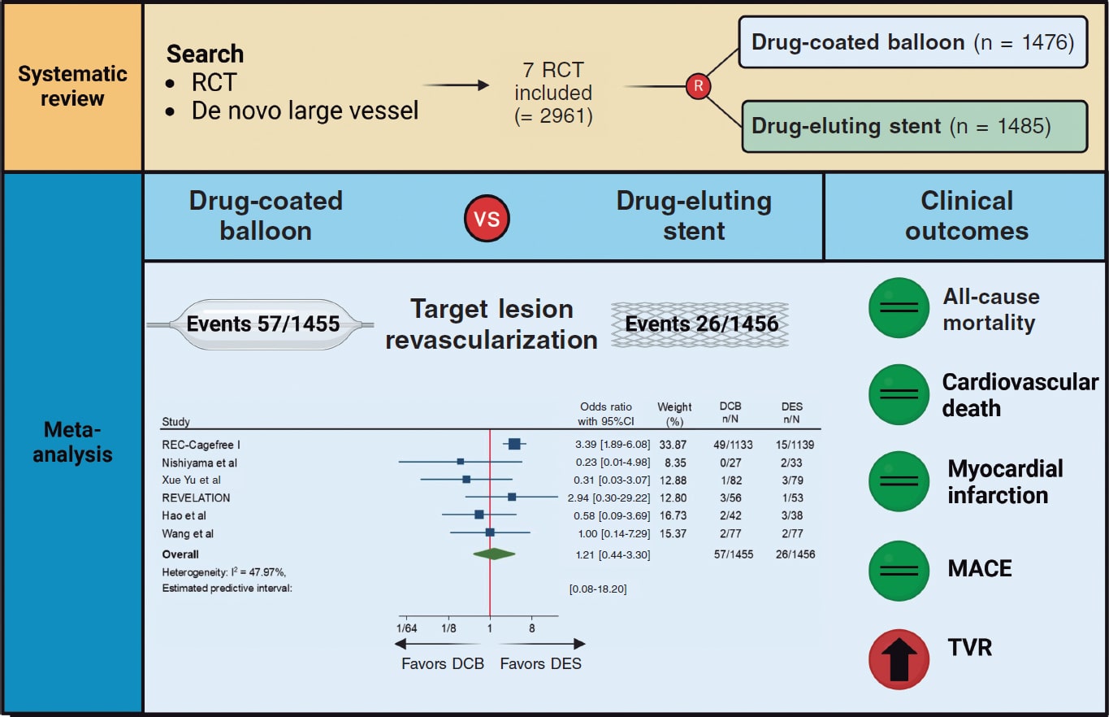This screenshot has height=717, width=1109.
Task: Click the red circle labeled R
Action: (x=697, y=86)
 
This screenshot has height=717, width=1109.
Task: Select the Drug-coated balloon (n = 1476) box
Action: (x=913, y=42)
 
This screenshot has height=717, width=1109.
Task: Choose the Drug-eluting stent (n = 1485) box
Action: (x=913, y=126)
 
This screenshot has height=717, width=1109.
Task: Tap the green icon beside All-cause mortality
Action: (x=899, y=308)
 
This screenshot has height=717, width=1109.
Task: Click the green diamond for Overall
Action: (x=494, y=554)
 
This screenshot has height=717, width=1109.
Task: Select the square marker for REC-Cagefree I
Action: (x=513, y=444)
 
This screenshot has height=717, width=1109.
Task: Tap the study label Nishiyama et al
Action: (x=198, y=463)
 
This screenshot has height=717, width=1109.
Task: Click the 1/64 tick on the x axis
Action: (x=405, y=628)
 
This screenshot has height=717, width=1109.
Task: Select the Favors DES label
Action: (x=540, y=663)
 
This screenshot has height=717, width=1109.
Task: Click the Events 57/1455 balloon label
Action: (x=263, y=324)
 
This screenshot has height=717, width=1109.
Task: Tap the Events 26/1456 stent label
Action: (x=701, y=324)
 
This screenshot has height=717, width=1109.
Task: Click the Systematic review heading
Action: (x=72, y=86)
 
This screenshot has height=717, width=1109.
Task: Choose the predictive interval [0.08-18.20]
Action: (x=597, y=589)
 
